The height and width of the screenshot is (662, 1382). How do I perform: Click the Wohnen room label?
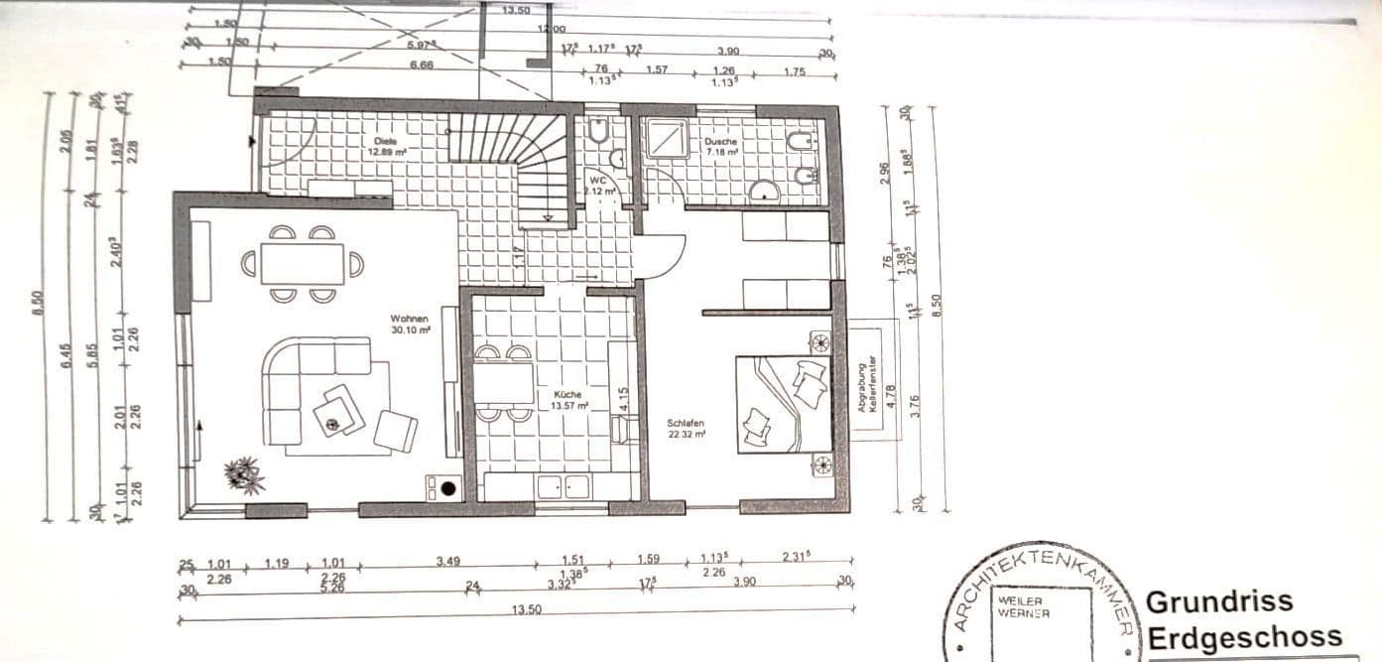point(410,319)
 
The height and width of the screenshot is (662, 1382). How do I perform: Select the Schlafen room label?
point(686,423)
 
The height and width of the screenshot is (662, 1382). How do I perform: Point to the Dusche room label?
point(721,141)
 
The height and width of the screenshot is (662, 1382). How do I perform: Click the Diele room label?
point(386,141)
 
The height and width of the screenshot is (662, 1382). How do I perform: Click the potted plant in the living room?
point(244,474)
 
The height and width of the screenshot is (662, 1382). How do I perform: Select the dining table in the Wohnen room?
point(303,263)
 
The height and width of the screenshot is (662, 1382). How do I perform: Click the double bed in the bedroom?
point(784,404)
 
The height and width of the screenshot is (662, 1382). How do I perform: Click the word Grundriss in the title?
point(1219,601)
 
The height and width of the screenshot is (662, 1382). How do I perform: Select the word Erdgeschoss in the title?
point(1244,636)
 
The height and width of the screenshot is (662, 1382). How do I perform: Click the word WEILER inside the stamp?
point(1020,601)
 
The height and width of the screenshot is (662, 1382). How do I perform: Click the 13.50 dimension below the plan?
point(526,610)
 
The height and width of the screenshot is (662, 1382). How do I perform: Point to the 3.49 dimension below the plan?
point(447,562)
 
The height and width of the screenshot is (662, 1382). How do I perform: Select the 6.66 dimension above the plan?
point(421,66)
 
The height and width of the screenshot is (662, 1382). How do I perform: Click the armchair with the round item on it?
point(339,410)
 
